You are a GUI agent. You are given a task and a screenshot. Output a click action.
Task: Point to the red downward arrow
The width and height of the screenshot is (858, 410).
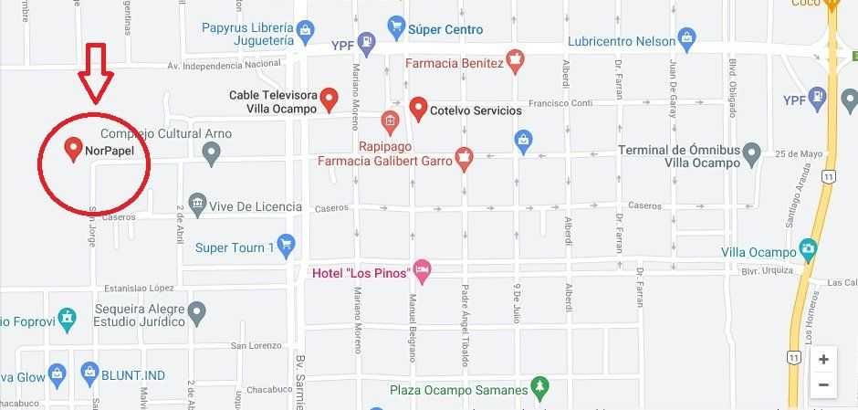(95, 72)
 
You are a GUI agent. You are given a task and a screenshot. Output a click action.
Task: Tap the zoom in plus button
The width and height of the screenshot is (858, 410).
(823, 359)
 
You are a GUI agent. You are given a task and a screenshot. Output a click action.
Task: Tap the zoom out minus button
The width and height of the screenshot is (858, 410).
(823, 385)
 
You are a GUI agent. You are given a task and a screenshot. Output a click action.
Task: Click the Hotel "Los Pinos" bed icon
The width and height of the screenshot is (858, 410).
(421, 269)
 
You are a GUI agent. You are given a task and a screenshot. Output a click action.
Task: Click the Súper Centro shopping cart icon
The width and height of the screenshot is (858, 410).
(395, 27)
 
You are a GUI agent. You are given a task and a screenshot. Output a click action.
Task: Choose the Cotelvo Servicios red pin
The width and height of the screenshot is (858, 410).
(418, 109)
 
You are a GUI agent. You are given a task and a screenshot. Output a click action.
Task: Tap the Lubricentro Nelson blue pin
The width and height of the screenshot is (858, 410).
(687, 39)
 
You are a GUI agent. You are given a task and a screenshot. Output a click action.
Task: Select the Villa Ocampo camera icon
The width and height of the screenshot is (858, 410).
(807, 249)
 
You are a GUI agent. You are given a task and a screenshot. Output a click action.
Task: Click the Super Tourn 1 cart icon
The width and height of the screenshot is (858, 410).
(287, 244)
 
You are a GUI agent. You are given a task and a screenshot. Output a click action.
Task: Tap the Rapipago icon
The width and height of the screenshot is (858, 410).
(390, 121)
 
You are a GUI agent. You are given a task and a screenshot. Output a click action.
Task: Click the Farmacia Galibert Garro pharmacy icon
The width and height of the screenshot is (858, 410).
(465, 159)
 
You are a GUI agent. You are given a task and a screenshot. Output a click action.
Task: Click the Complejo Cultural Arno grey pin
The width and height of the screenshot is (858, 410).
(212, 155)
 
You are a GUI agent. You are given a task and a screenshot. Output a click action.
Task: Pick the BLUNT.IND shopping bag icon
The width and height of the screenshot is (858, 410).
(89, 372)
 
